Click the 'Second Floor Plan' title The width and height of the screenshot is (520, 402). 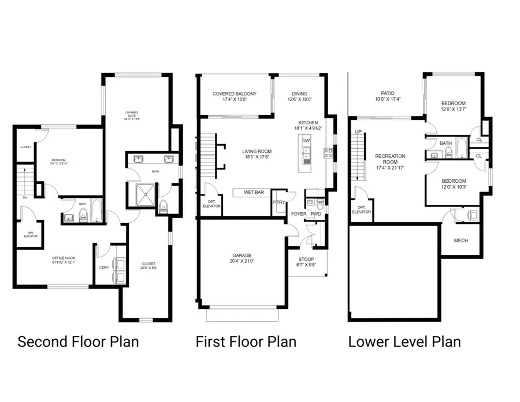tap(78, 341)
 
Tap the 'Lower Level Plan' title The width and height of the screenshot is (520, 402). tap(404, 341)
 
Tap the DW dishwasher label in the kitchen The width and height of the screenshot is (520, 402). tap(306, 141)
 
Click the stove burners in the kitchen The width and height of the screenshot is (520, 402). tap(328, 153)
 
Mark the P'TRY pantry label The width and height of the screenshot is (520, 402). tap(279, 202)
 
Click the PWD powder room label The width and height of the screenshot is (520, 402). tap(315, 214)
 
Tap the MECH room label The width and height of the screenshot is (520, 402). tap(460, 241)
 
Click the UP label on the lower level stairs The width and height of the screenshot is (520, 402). tap(358, 132)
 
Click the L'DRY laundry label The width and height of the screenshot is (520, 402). tap(104, 267)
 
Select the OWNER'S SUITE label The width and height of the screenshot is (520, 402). tap(136, 116)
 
